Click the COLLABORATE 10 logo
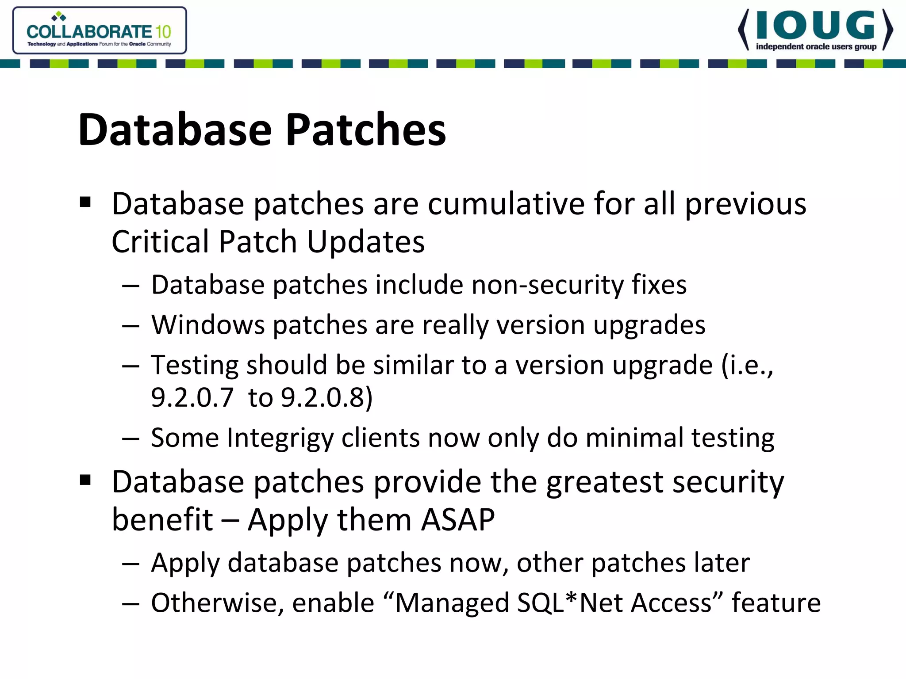pyautogui.click(x=99, y=31)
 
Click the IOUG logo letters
pyautogui.click(x=815, y=26)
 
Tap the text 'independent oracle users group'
pyautogui.click(x=816, y=47)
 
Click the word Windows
pyautogui.click(x=208, y=325)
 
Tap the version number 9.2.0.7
pyautogui.click(x=192, y=397)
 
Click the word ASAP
pyautogui.click(x=458, y=520)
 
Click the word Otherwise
pyautogui.click(x=217, y=603)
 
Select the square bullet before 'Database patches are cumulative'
pyautogui.click(x=85, y=202)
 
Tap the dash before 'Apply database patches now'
pyautogui.click(x=131, y=564)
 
